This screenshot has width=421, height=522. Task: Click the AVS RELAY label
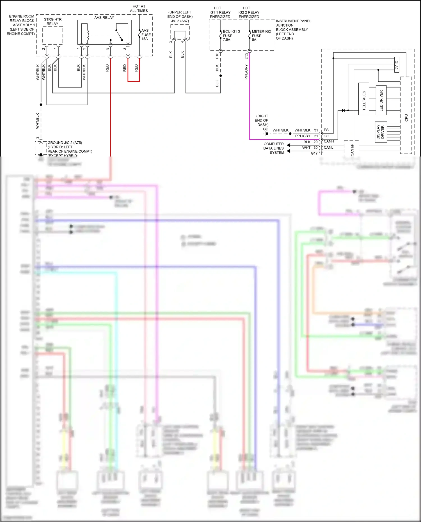[104, 17]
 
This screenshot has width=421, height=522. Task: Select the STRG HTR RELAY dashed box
[52, 35]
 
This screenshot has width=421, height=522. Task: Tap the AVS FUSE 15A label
[146, 35]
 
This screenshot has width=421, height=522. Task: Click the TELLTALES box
[364, 99]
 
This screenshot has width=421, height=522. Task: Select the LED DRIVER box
[381, 100]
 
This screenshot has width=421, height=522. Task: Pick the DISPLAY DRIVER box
[381, 132]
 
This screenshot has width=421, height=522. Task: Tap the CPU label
[406, 118]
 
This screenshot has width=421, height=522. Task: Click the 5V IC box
[396, 65]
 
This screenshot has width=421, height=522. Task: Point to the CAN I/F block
[352, 149]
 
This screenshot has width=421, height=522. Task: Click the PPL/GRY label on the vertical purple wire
[246, 72]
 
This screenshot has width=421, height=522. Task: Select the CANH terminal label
[329, 141]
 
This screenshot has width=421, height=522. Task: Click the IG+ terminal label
[326, 136]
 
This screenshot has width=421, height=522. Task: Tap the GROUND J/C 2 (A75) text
[65, 143]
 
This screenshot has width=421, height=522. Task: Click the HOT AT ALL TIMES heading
[139, 8]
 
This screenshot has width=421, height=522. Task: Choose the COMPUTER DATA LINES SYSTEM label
[274, 148]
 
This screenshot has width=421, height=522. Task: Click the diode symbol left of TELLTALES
[343, 110]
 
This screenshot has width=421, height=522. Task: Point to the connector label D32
[246, 56]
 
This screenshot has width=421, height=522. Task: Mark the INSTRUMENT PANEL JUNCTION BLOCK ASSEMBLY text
[293, 29]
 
